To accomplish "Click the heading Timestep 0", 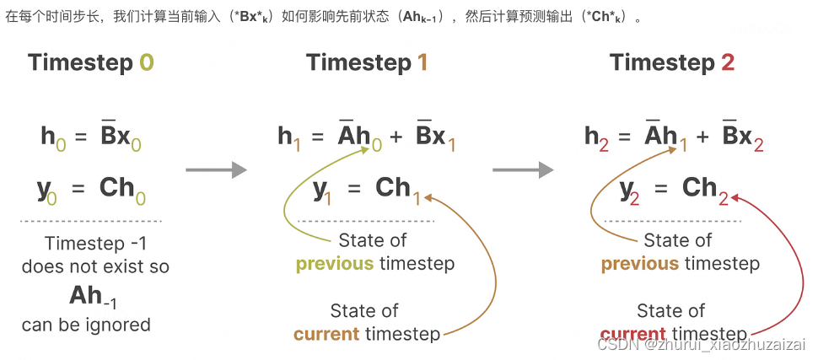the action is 91,63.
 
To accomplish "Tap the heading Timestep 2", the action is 672,63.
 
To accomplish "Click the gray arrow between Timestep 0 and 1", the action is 216,170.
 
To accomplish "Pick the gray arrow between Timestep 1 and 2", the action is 523,170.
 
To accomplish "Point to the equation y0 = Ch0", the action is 92,189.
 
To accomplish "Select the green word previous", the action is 334,264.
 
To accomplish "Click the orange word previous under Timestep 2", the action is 639,264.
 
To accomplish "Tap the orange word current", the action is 326,335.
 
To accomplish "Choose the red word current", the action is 633,335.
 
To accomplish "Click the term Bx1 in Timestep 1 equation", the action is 436,137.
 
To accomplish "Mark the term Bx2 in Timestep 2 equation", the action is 743,137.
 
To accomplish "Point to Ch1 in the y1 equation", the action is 397,189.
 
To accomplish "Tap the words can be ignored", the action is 86,325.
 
